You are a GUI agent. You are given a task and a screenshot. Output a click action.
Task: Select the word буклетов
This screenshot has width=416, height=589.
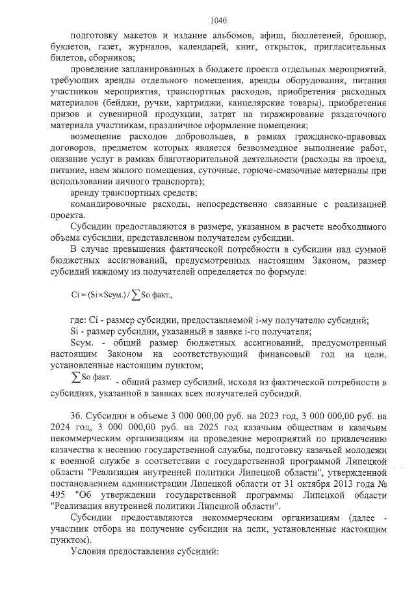tap(68, 48)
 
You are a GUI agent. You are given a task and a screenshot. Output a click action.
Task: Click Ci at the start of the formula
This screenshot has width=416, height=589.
tap(75, 295)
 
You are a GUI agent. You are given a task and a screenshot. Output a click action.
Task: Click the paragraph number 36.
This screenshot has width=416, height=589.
tap(76, 416)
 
